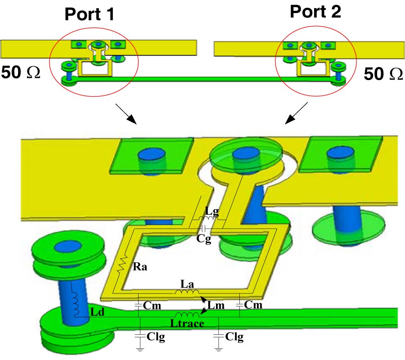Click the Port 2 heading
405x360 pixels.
tap(315, 12)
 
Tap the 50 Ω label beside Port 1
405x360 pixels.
tap(21, 72)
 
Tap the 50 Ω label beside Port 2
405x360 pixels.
tap(383, 74)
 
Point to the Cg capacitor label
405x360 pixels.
tap(203, 238)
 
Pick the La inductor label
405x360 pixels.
tap(187, 284)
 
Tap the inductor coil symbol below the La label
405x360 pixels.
tap(187, 293)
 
